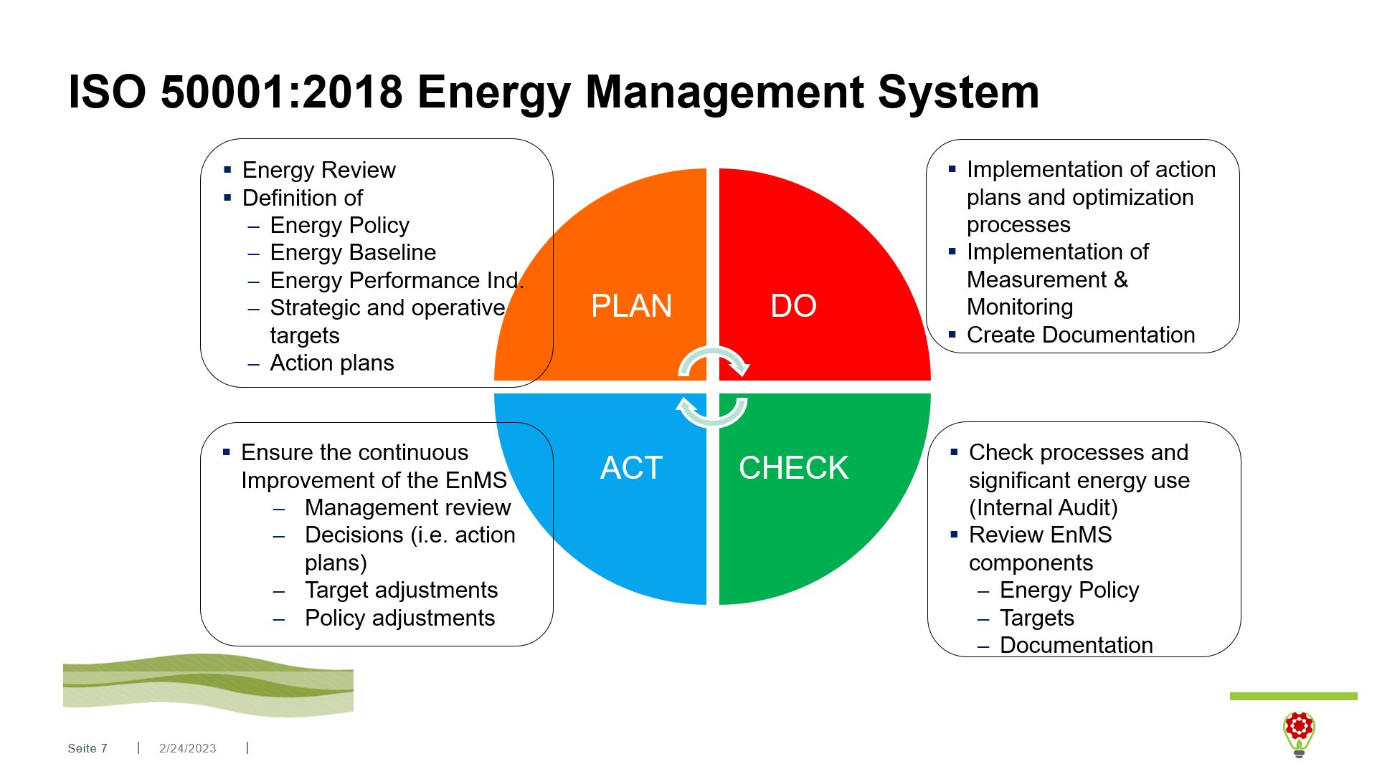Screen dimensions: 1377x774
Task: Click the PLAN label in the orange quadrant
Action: click(x=631, y=306)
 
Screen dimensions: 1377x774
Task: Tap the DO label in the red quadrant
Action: click(x=793, y=306)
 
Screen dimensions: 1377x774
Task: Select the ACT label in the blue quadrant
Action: click(x=631, y=468)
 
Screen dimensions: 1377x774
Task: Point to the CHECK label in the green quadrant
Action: click(x=793, y=468)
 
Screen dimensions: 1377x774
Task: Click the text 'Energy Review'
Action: click(x=318, y=170)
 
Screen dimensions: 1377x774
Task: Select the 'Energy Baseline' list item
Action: click(x=353, y=252)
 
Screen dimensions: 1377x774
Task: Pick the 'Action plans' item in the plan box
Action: click(x=332, y=363)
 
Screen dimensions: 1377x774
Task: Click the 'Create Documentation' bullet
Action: click(x=1081, y=335)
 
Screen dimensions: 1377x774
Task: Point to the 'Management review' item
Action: click(x=407, y=507)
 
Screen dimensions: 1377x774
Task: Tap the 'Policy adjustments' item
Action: click(x=399, y=618)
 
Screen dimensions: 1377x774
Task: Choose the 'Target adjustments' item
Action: click(x=401, y=590)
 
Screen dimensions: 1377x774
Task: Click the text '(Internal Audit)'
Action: click(x=1044, y=507)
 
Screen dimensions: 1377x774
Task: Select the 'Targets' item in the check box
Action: click(x=1037, y=618)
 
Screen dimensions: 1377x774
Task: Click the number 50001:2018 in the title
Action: click(x=281, y=92)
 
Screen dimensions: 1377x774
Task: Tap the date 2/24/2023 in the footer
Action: click(x=187, y=748)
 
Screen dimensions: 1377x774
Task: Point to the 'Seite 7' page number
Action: click(x=87, y=748)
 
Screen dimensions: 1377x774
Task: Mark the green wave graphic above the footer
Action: click(x=208, y=684)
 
